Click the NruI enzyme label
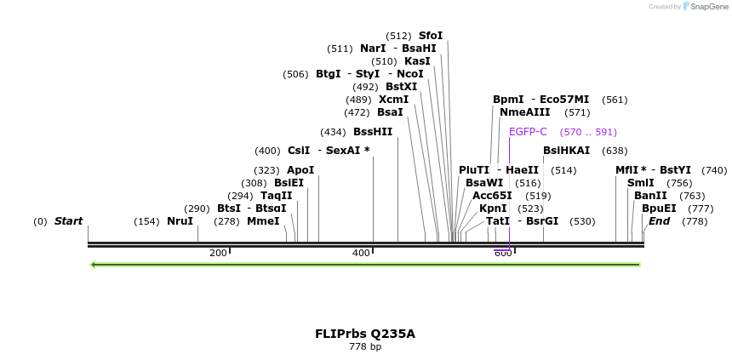point(180,221)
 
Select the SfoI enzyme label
point(431,36)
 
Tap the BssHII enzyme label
point(373,132)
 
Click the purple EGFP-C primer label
point(528,132)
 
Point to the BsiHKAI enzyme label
point(566,151)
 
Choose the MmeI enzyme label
point(263,221)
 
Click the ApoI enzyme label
point(300,170)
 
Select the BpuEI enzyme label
point(659,209)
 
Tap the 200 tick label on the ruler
point(218,253)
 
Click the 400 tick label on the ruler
point(361,253)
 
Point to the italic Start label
point(68,221)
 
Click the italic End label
point(659,221)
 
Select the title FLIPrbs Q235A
point(365,334)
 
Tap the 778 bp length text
point(365,347)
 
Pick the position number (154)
point(146,222)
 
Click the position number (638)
point(614,151)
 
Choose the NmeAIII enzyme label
point(525,112)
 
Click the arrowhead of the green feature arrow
point(94,265)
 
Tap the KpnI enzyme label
point(493,209)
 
